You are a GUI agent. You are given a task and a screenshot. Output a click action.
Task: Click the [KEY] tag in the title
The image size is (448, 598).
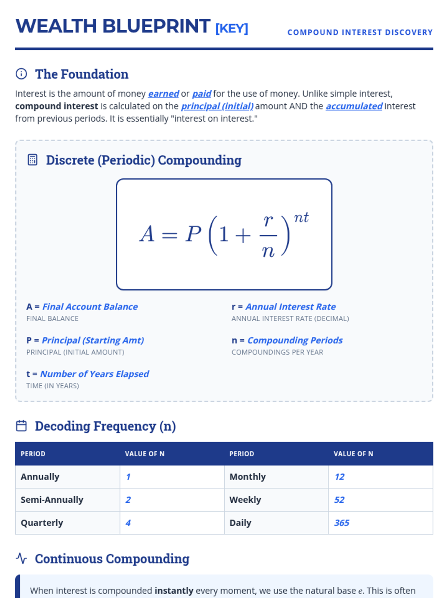pyautogui.click(x=231, y=28)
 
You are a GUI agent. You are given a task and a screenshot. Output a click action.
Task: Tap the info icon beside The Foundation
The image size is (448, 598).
pyautogui.click(x=21, y=74)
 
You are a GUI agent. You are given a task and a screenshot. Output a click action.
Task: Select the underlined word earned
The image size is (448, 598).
pyautogui.click(x=164, y=93)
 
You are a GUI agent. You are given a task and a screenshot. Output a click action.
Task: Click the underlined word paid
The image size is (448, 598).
pyautogui.click(x=202, y=93)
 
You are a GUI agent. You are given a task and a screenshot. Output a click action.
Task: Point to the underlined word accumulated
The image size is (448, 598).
pyautogui.click(x=354, y=106)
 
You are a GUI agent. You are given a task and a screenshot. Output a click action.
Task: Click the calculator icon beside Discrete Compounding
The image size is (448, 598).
pyautogui.click(x=32, y=160)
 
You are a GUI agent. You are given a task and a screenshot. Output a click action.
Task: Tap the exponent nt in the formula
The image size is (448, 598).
pyautogui.click(x=301, y=218)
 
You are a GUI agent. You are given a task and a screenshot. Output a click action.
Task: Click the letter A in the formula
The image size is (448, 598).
pyautogui.click(x=147, y=234)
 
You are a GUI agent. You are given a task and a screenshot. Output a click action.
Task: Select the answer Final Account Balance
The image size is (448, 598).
pyautogui.click(x=90, y=307)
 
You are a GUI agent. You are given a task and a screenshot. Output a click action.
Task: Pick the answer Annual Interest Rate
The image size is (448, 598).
pyautogui.click(x=290, y=307)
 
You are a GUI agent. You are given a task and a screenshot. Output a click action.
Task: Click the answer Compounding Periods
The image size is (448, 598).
pyautogui.click(x=295, y=340)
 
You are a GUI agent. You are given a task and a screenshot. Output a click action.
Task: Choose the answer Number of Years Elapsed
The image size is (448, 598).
pyautogui.click(x=94, y=374)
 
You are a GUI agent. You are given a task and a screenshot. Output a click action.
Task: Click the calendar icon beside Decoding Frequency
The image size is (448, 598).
pyautogui.click(x=21, y=426)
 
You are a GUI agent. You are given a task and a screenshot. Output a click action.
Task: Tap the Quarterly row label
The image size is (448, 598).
pyautogui.click(x=42, y=523)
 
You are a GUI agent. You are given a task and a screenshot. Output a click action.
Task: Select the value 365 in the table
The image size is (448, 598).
pyautogui.click(x=342, y=523)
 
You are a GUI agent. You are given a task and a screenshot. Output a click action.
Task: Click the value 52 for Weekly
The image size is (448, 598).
pyautogui.click(x=339, y=500)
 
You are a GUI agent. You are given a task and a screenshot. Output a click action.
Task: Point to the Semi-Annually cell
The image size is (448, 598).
pyautogui.click(x=52, y=500)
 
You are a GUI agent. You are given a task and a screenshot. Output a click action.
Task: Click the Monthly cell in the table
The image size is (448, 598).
pyautogui.click(x=248, y=477)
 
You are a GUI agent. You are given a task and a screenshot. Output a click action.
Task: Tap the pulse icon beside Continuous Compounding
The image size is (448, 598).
pyautogui.click(x=21, y=559)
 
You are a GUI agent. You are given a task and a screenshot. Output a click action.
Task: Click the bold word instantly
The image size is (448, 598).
pyautogui.click(x=174, y=591)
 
